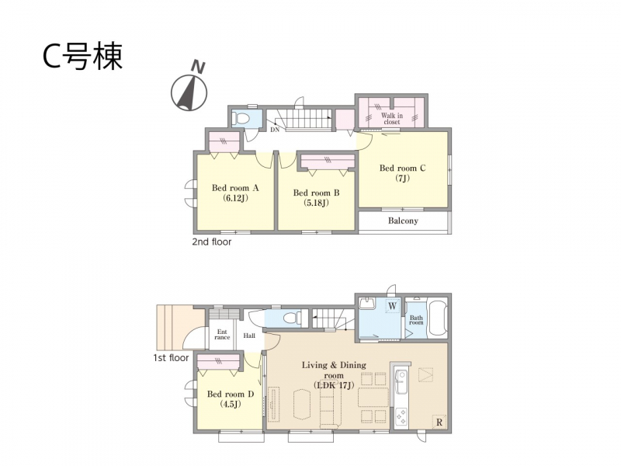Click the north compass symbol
pyautogui.click(x=189, y=89)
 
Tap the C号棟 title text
pyautogui.click(x=82, y=57)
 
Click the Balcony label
pyautogui.click(x=403, y=221)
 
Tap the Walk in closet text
pyautogui.click(x=392, y=119)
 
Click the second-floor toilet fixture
pyautogui.click(x=241, y=118)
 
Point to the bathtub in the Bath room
pyautogui.click(x=437, y=319)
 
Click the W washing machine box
pyautogui.click(x=393, y=306)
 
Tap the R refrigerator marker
pyautogui.click(x=439, y=423)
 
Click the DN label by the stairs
pyautogui.click(x=275, y=130)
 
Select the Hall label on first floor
pyautogui.click(x=249, y=336)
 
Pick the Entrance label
pyautogui.click(x=222, y=335)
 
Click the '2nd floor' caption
pyautogui.click(x=211, y=242)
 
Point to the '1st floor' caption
pyautogui.click(x=171, y=358)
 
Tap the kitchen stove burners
pyautogui.click(x=401, y=416)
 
